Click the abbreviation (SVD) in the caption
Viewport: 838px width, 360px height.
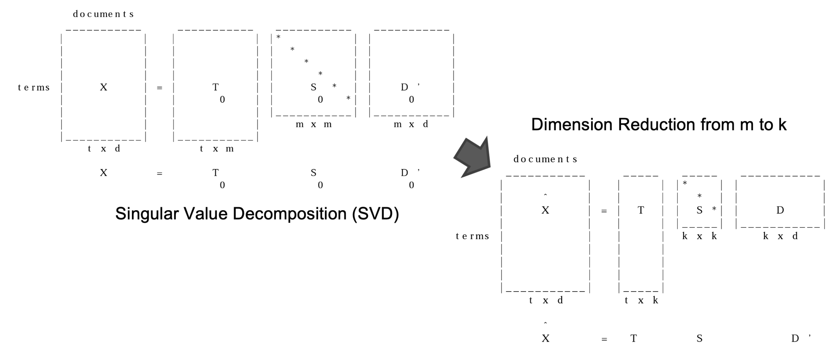click(x=375, y=214)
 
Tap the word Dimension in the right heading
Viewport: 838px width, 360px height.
click(x=571, y=124)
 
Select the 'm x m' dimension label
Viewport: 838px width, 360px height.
click(x=314, y=124)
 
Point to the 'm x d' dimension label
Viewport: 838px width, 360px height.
click(x=411, y=124)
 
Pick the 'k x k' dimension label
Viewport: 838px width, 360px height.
click(x=699, y=236)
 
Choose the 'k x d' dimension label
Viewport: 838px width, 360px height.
click(x=780, y=236)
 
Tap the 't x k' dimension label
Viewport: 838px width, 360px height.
click(x=641, y=300)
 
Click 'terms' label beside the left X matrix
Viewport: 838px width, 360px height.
click(x=34, y=87)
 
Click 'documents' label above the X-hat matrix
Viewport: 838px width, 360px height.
click(x=545, y=159)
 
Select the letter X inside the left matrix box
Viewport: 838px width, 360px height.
click(x=104, y=87)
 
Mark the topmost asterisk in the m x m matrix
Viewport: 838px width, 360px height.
click(x=278, y=37)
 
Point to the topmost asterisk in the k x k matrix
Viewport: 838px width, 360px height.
click(x=685, y=183)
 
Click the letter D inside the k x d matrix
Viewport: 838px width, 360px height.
click(x=780, y=211)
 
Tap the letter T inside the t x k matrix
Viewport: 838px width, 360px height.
click(x=641, y=211)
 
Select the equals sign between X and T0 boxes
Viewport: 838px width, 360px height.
click(x=159, y=88)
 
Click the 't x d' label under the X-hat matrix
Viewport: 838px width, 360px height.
click(x=546, y=300)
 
